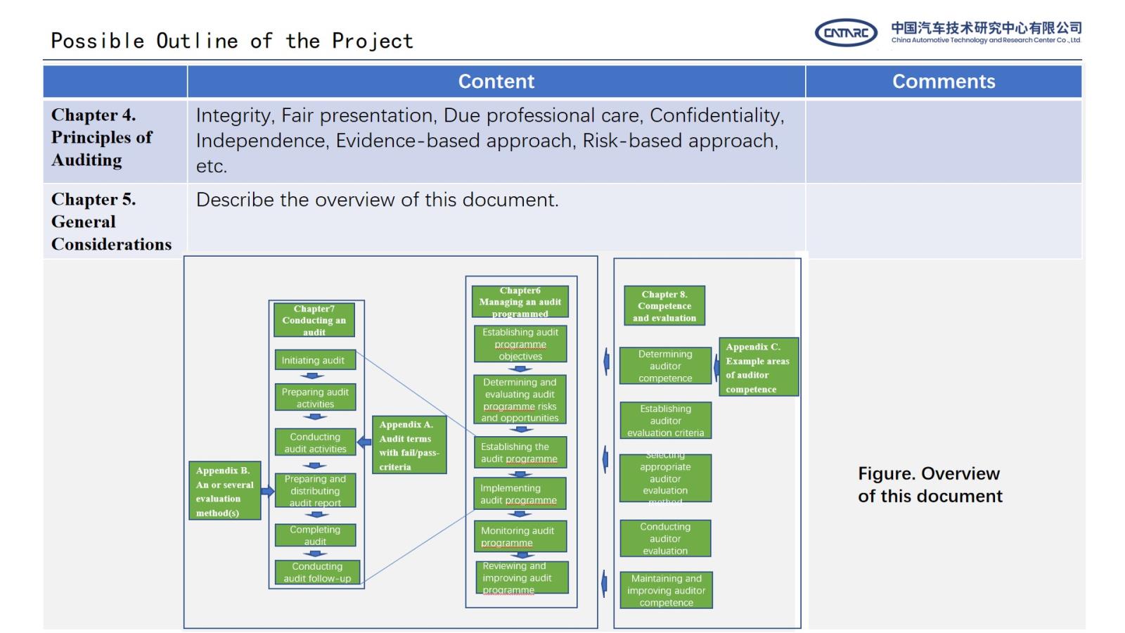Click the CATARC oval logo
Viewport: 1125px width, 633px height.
click(x=845, y=33)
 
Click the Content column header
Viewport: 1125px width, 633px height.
click(x=496, y=82)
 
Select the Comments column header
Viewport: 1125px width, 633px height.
click(x=943, y=82)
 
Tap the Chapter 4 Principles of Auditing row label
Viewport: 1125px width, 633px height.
click(x=101, y=138)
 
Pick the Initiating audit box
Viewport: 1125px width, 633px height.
click(x=314, y=360)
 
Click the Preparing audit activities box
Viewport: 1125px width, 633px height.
click(x=315, y=397)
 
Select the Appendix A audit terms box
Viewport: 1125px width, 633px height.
click(x=409, y=445)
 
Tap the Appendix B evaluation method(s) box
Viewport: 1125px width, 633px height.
click(x=224, y=491)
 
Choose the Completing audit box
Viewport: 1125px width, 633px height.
click(x=315, y=535)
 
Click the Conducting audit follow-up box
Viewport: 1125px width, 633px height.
click(x=317, y=572)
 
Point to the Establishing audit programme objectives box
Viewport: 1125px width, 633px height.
click(x=520, y=344)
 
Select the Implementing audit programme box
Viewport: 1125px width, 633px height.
click(x=519, y=494)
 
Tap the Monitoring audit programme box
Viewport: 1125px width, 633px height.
click(x=519, y=536)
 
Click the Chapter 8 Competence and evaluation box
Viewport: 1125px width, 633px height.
click(x=664, y=306)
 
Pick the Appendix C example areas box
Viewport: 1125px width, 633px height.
click(x=758, y=367)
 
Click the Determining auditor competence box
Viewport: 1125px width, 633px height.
click(x=665, y=366)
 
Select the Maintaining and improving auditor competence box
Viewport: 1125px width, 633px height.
click(x=666, y=590)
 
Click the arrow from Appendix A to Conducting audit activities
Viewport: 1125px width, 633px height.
click(x=364, y=442)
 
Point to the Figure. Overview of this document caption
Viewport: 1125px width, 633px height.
click(x=930, y=485)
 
